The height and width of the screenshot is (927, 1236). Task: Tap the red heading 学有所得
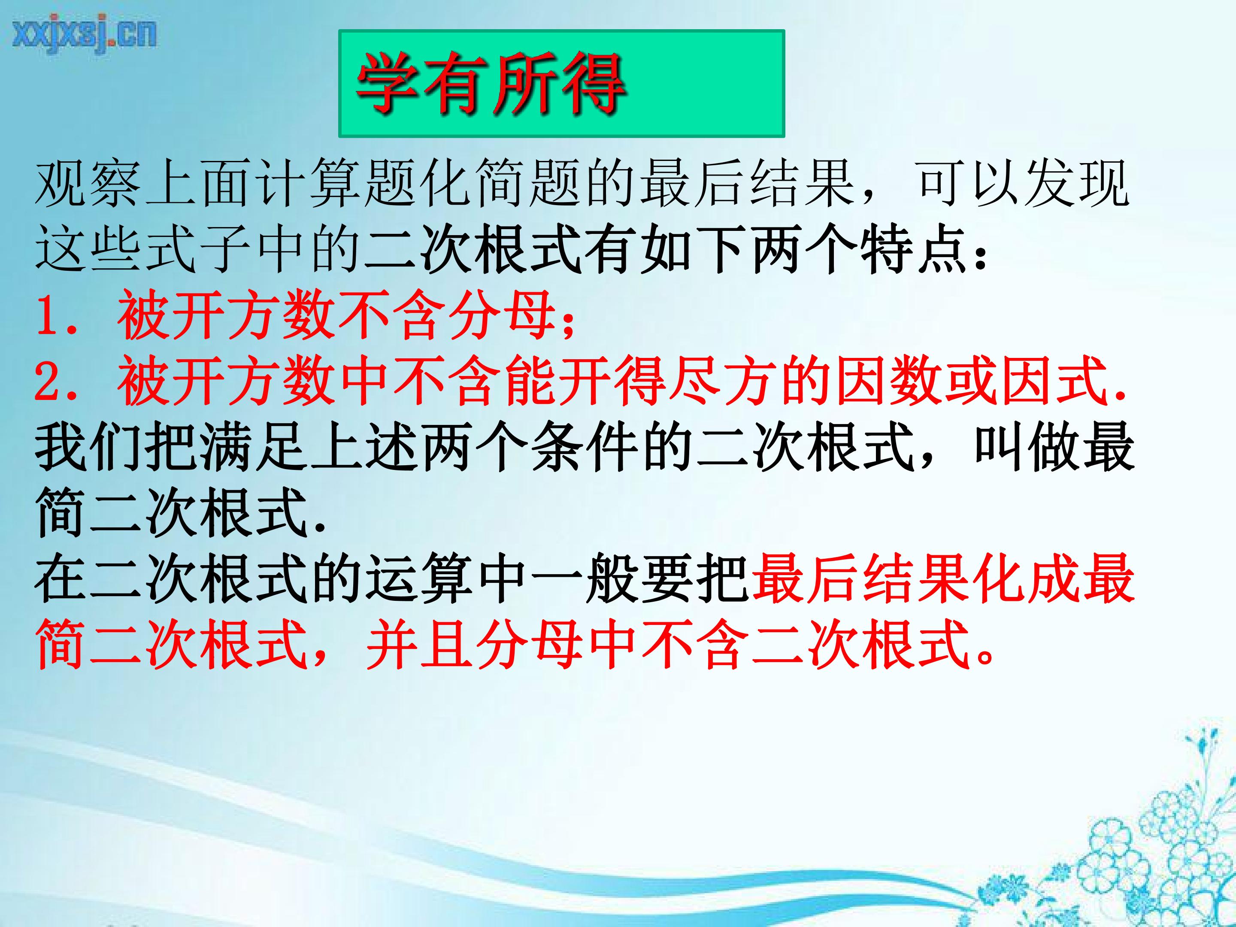(x=491, y=84)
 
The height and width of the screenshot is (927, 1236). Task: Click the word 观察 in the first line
(x=88, y=183)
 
